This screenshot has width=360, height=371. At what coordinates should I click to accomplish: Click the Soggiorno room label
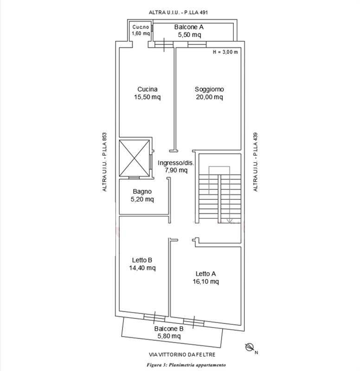coord(209,90)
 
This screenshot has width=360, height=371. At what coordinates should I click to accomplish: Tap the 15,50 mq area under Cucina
coord(147,97)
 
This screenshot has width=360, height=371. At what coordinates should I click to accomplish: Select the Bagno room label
coord(142,192)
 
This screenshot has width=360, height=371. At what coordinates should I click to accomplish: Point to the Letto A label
coord(206,274)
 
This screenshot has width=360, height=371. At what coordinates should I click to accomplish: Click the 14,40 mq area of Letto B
coord(142,268)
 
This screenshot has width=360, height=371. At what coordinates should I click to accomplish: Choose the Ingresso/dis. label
coord(176,163)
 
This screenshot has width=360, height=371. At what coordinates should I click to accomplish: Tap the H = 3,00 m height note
coord(225,52)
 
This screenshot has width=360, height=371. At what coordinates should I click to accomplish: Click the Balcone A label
coord(189,27)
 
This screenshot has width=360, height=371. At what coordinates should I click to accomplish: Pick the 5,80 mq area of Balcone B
coord(169,336)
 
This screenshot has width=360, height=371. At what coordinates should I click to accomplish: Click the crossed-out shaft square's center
coord(134,158)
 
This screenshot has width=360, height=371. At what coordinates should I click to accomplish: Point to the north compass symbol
coord(249,347)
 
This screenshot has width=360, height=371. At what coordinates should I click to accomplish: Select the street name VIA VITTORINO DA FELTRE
coord(182,354)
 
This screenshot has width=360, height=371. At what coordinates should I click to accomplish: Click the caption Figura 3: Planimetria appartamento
coord(186,365)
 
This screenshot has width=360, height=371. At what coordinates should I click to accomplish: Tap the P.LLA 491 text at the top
coord(196,13)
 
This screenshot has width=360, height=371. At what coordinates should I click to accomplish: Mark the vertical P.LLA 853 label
coord(104,144)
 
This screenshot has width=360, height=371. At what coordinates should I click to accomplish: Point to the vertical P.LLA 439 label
coord(255,144)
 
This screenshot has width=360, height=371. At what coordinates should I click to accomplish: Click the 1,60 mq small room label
coord(141,33)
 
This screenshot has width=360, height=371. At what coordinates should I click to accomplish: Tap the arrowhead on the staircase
coord(229,221)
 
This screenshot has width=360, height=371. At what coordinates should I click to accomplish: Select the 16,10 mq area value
coord(206,281)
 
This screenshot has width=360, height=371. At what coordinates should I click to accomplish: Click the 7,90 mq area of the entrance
coord(176,170)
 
